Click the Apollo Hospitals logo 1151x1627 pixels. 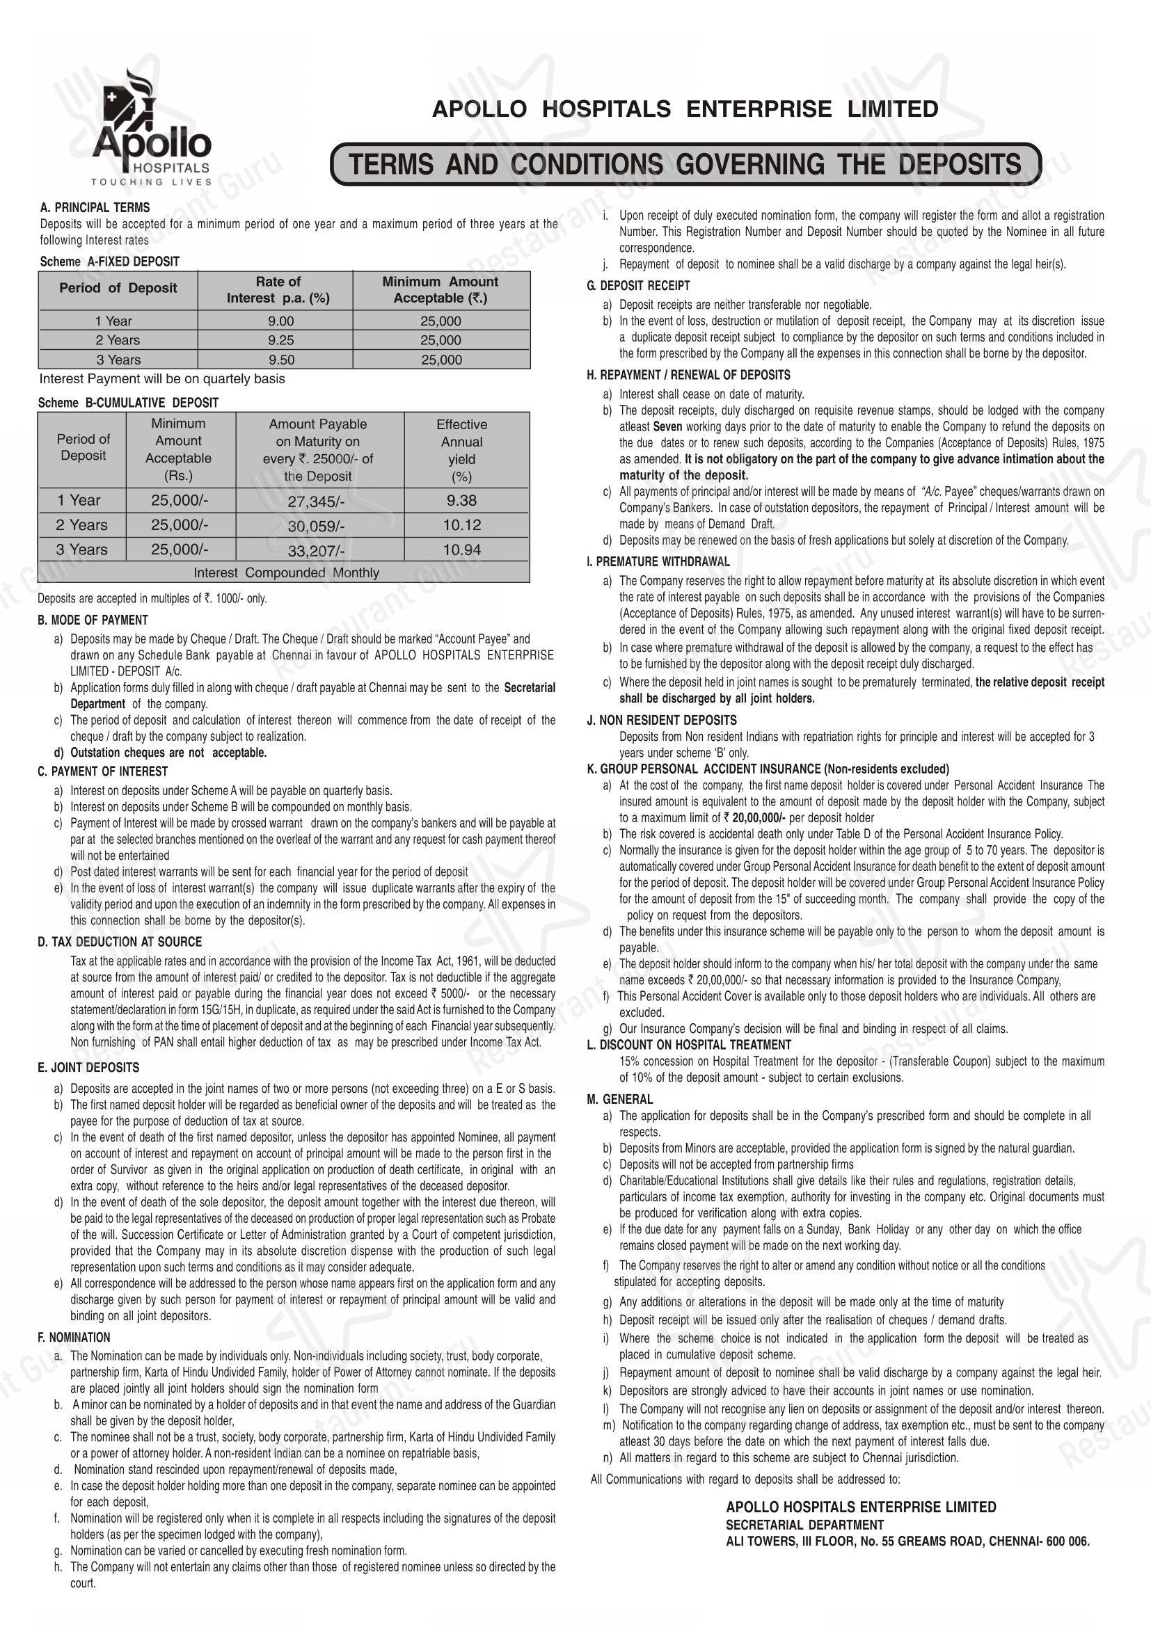coord(152,127)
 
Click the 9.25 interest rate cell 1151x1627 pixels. coord(276,340)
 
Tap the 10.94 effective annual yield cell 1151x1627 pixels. coord(461,550)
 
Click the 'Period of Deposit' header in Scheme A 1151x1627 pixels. coord(118,289)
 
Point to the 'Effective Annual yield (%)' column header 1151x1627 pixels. coord(461,450)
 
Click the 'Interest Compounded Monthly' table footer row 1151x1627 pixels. coord(286,572)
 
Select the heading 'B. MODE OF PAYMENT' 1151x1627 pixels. coord(93,620)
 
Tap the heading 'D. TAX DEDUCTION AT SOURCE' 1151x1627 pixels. coord(120,942)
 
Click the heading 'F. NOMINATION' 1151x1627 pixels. coord(74,1337)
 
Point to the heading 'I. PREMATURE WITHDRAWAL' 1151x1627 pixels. coord(658,562)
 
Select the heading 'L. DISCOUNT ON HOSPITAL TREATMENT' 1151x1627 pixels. coord(688,1045)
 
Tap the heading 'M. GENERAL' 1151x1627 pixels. coord(619,1099)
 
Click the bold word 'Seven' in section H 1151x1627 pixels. coord(666,427)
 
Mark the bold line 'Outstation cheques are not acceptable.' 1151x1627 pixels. coord(168,753)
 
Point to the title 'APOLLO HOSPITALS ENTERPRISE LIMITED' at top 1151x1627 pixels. coord(685,109)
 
